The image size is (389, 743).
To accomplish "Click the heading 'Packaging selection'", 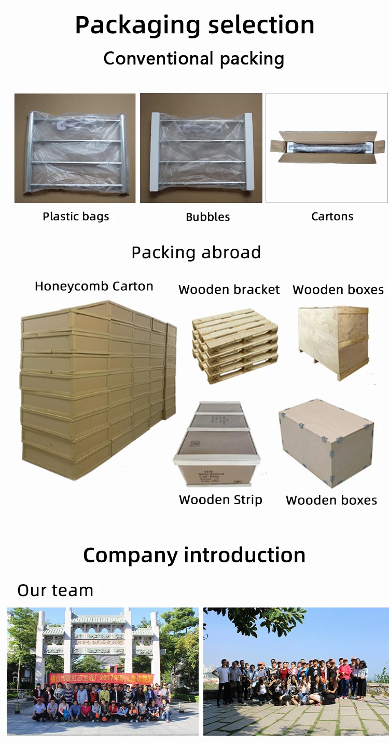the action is pos(195,25).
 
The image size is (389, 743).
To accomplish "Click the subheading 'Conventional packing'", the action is pos(194,59).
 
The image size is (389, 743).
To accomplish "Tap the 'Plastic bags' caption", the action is pos(76,217).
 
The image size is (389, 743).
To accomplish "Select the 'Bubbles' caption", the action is pos(207,217).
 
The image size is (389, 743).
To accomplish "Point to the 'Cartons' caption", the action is pos(332,217).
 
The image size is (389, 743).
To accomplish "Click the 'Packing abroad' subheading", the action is pos(196,252).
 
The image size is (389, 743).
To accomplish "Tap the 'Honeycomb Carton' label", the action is pos(94,286).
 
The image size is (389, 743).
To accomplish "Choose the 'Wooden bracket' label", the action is pos(229,290).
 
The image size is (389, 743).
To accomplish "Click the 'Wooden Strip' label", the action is pos(220,499).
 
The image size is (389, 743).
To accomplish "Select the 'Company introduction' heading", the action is pos(194,555).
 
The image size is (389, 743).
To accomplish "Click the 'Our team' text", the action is pos(55,590).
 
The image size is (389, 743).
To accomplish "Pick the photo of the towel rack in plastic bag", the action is pos(75,148).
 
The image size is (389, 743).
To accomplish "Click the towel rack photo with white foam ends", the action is pos(201,148).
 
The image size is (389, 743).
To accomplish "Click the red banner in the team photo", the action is pos(101,679).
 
